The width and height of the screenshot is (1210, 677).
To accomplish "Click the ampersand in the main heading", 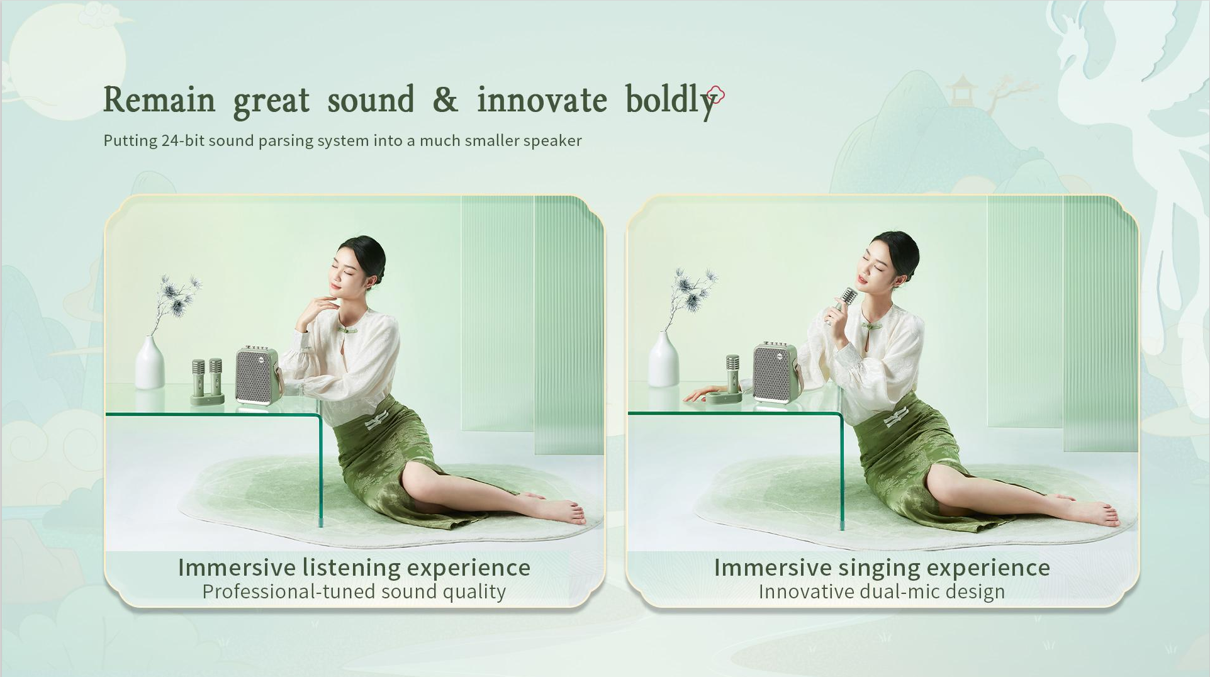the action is [x=445, y=99].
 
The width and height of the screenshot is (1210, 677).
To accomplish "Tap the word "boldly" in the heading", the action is [x=671, y=101].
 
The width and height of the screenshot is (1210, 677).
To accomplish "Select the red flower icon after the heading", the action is [x=716, y=96].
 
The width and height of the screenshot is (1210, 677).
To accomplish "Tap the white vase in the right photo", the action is [x=663, y=359].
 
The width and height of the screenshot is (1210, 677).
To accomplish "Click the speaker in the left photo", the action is [x=257, y=375].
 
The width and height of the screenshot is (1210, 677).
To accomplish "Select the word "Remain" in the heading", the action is [x=159, y=100].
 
